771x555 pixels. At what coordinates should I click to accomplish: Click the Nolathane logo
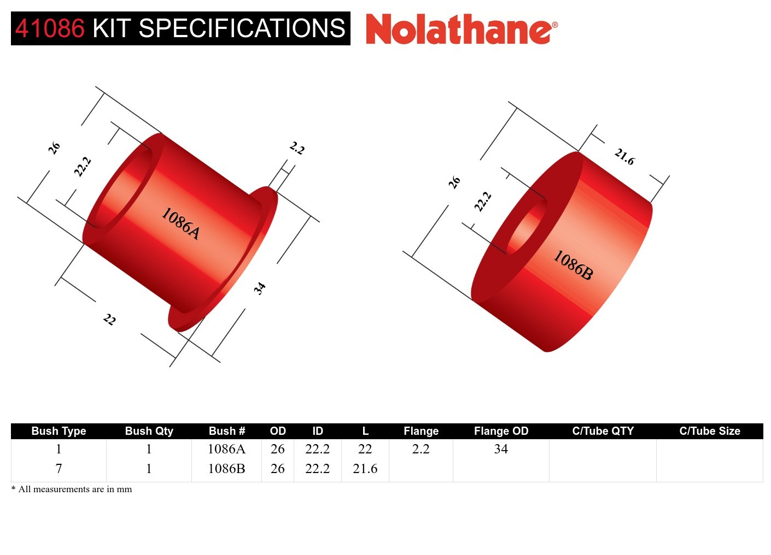click(x=461, y=29)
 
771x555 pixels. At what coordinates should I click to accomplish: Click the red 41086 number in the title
click(x=50, y=28)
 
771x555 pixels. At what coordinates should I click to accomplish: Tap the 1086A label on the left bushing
click(x=180, y=223)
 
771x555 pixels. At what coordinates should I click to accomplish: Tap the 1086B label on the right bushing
click(x=573, y=265)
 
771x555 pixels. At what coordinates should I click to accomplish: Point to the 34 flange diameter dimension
click(x=260, y=288)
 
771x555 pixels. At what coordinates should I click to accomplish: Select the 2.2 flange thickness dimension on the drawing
click(x=296, y=148)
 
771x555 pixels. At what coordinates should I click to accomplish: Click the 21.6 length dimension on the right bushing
click(x=624, y=157)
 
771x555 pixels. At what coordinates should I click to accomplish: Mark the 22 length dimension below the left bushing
click(x=109, y=320)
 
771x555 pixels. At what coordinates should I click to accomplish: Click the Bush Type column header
click(x=59, y=431)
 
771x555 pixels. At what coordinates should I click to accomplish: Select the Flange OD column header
click(x=501, y=431)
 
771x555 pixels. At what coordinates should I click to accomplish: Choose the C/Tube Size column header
click(x=709, y=431)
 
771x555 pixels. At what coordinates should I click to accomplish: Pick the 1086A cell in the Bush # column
click(x=226, y=449)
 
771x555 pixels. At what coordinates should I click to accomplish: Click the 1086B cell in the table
click(x=226, y=469)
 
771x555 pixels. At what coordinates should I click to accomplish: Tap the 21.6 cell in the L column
click(x=365, y=469)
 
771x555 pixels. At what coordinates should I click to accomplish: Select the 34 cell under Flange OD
click(x=501, y=449)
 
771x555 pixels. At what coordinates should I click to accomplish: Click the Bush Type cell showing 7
click(x=59, y=469)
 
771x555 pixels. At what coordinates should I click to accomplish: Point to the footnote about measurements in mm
click(x=72, y=489)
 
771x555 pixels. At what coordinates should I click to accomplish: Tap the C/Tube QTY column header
click(x=603, y=431)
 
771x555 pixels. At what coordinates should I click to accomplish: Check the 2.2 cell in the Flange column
click(x=420, y=449)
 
